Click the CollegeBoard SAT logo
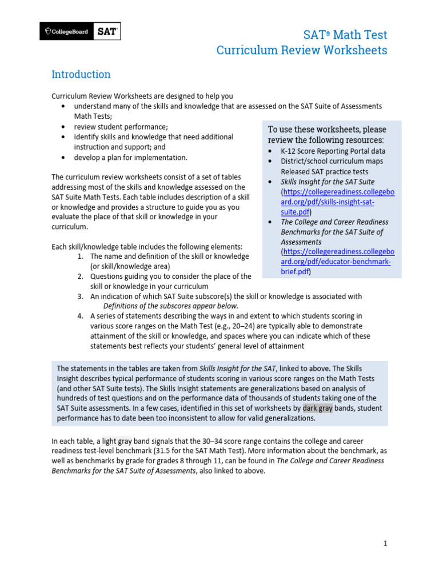[80, 31]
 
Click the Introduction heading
[81, 74]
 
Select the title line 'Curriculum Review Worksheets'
[301, 50]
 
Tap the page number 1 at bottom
[385, 544]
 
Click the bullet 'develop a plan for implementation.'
[130, 157]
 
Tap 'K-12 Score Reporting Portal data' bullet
[333, 151]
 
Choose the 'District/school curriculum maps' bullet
[332, 162]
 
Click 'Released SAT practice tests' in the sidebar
[324, 171]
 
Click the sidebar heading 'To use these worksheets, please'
[327, 130]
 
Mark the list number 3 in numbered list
[81, 296]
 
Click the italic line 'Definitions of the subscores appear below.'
[170, 306]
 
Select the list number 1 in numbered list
[81, 257]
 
